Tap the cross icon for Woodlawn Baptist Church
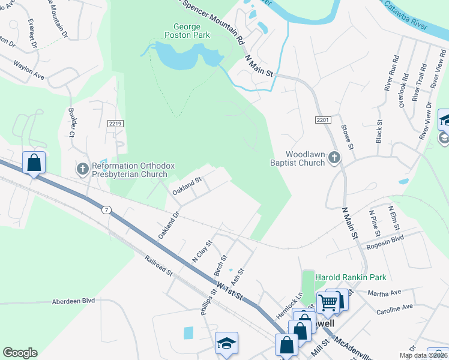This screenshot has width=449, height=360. pyautogui.click(x=334, y=158)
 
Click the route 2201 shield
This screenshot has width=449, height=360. pyautogui.click(x=323, y=121)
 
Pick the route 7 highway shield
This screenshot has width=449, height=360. pyautogui.click(x=106, y=209)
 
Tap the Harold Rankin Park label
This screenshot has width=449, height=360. pyautogui.click(x=351, y=277)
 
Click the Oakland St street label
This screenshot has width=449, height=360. pyautogui.click(x=186, y=186)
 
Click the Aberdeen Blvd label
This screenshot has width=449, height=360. pyautogui.click(x=74, y=301)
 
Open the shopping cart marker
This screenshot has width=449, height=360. pyautogui.click(x=328, y=301)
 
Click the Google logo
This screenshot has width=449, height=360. pyautogui.click(x=20, y=353)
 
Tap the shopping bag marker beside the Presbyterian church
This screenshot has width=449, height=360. pyautogui.click(x=34, y=163)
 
